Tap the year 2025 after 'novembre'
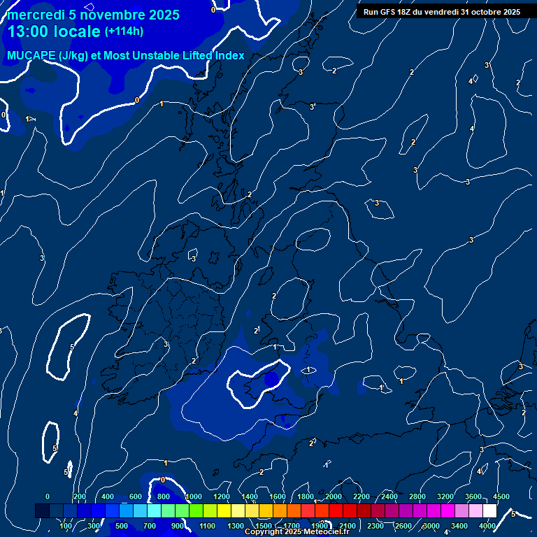(x=161, y=15)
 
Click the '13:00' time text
(x=29, y=31)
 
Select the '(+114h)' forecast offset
(x=124, y=31)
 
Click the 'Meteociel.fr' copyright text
(x=326, y=532)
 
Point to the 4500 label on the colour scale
(x=501, y=496)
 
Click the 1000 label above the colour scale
(x=194, y=496)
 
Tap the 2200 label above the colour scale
(x=361, y=496)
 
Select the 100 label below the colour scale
(x=67, y=526)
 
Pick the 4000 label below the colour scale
(x=487, y=526)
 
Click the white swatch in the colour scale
(x=490, y=511)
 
